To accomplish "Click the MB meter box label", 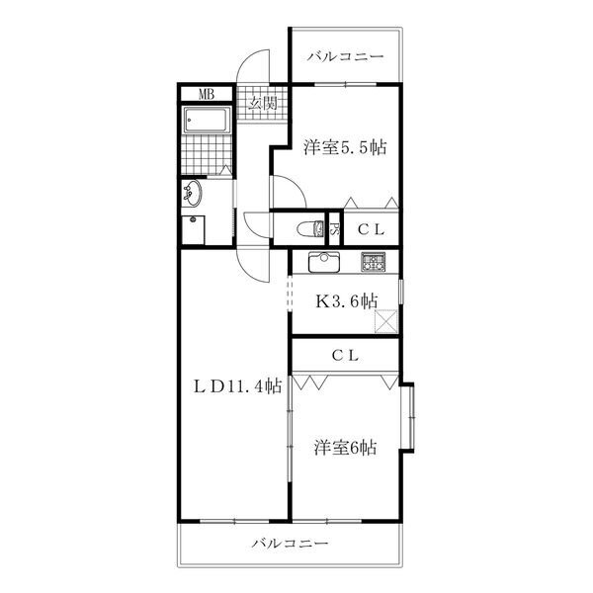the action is [x=207, y=94].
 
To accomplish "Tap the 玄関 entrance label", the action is [x=263, y=103].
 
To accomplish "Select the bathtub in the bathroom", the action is [x=207, y=120].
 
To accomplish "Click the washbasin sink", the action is [x=192, y=193].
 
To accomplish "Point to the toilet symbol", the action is [x=310, y=229].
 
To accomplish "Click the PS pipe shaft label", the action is [x=334, y=229].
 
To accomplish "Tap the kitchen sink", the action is [x=324, y=262].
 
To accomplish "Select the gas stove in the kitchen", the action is [x=374, y=262].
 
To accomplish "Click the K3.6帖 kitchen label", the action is [x=347, y=301].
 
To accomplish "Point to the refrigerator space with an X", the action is [x=386, y=321].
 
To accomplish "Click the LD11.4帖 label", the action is [x=237, y=386].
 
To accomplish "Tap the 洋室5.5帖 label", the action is [x=345, y=147].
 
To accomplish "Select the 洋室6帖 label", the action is [x=345, y=448].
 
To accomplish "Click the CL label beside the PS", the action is [x=371, y=229].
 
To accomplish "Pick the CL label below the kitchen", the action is [x=345, y=356].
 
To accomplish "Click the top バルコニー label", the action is [x=345, y=56].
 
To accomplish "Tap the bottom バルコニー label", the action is [x=290, y=544].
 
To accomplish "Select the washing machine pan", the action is [x=194, y=230].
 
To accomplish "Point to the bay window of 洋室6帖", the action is [x=408, y=417].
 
